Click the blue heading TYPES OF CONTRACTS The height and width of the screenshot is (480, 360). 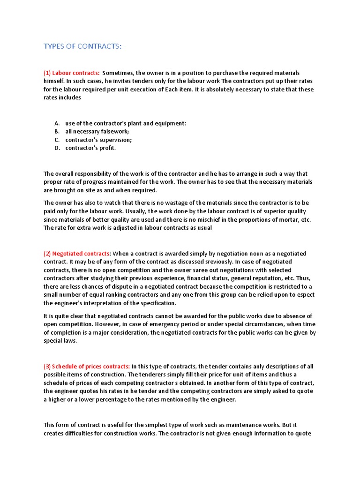[82, 46]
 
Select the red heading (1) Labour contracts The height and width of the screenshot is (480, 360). [71, 73]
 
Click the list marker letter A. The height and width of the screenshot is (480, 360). [57, 123]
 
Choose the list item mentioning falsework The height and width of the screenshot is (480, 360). [97, 132]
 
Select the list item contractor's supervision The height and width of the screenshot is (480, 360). [98, 140]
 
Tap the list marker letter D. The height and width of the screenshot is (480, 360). [57, 148]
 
